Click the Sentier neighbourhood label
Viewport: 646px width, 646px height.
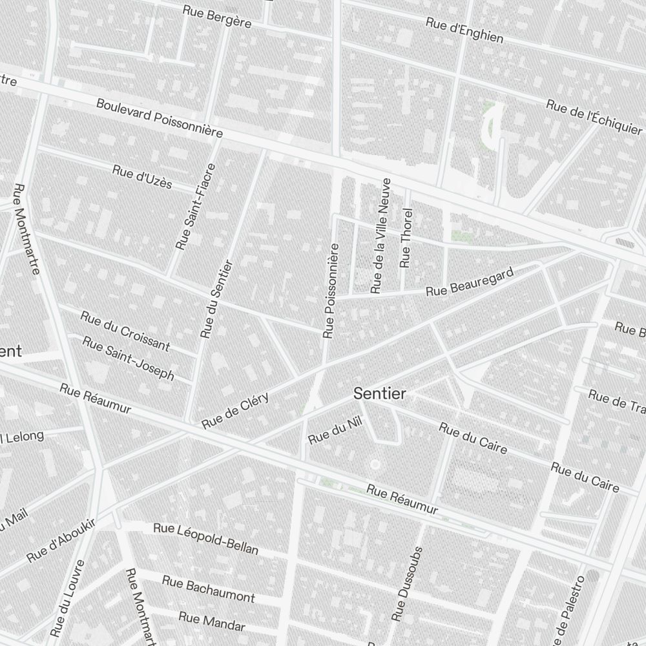tap(379, 393)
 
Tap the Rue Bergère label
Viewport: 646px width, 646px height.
tap(216, 16)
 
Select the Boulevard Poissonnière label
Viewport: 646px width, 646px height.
tap(160, 118)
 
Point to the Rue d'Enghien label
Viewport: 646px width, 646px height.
tap(464, 30)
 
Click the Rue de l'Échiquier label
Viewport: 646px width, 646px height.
tap(594, 118)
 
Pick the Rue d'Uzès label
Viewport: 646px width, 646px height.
tap(142, 176)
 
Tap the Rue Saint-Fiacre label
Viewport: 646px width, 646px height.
tap(196, 207)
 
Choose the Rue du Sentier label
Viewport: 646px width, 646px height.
tap(216, 299)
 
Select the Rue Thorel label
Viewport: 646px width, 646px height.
tap(406, 238)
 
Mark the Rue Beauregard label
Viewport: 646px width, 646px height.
tap(470, 282)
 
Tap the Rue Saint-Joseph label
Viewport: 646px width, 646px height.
tap(129, 359)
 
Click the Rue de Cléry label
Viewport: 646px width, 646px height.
tap(235, 411)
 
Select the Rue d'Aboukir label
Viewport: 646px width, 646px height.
tap(61, 540)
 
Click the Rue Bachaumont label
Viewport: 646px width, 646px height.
tap(208, 589)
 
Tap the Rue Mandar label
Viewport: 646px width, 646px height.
tap(212, 621)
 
